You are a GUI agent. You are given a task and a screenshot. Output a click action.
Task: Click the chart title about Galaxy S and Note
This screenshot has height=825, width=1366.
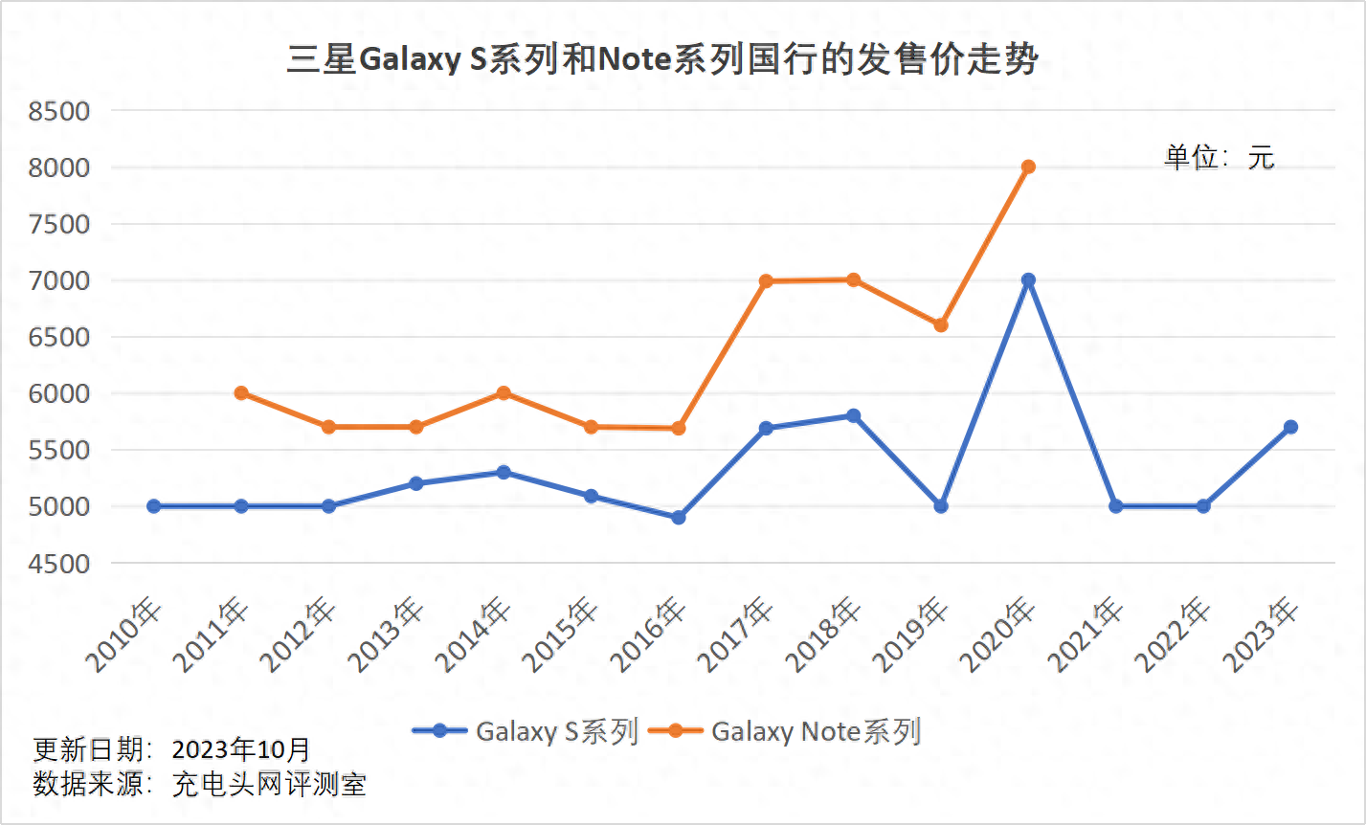pyautogui.click(x=662, y=60)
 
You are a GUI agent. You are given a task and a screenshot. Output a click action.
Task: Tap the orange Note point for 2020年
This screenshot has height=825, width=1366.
pyautogui.click(x=1028, y=167)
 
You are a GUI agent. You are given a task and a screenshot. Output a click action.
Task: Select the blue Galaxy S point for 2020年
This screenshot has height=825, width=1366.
pyautogui.click(x=1028, y=280)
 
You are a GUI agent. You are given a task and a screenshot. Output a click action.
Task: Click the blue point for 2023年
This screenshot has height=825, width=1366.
pyautogui.click(x=1290, y=427)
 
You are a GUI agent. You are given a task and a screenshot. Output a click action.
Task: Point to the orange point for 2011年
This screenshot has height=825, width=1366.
pyautogui.click(x=241, y=393)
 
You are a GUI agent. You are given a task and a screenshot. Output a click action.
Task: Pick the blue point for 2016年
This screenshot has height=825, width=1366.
pyautogui.click(x=679, y=518)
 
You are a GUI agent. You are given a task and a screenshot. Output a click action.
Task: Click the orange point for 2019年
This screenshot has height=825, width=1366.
pyautogui.click(x=941, y=325)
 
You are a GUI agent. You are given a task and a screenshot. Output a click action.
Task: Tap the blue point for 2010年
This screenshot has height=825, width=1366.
pyautogui.click(x=154, y=506)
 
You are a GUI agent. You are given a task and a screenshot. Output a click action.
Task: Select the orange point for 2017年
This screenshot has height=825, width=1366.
pyautogui.click(x=766, y=281)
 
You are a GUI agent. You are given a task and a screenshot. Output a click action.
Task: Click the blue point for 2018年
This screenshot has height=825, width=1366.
pyautogui.click(x=853, y=416)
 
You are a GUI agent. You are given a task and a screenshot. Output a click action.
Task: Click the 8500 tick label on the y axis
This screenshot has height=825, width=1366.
pyautogui.click(x=58, y=112)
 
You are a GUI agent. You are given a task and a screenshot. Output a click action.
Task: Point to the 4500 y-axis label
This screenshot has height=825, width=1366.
pyautogui.click(x=58, y=564)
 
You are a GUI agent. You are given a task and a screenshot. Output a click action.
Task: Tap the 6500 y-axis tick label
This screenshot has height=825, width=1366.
pyautogui.click(x=58, y=338)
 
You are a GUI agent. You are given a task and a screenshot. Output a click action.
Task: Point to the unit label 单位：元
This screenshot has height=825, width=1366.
pyautogui.click(x=1219, y=158)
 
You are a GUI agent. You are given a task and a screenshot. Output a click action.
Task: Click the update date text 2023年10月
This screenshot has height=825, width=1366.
pyautogui.click(x=241, y=748)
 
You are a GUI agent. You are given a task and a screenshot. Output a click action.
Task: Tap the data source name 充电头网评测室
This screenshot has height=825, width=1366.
pyautogui.click(x=269, y=785)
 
